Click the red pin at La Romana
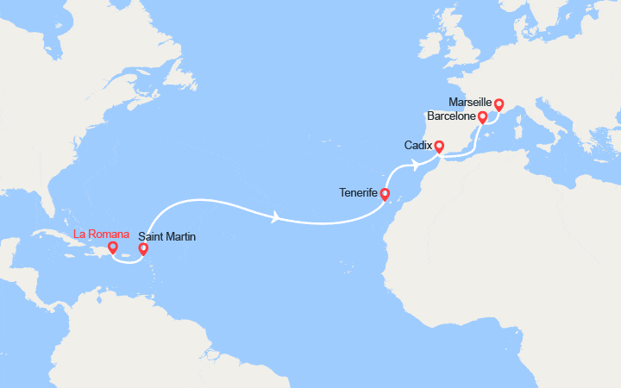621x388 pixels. pos(112,248)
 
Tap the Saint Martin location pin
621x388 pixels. pos(143,249)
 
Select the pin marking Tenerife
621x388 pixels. pos(385,194)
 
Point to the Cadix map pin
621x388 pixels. pos(438,147)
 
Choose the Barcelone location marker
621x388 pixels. pos(482,116)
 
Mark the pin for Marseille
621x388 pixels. pos(499,104)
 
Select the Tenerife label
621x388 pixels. pos(357,194)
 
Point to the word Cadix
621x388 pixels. pos(418,146)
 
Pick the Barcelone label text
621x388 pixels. pos(452,116)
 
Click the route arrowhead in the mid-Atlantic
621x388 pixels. pos(276,218)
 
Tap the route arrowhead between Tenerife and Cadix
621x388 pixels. pos(417,165)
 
